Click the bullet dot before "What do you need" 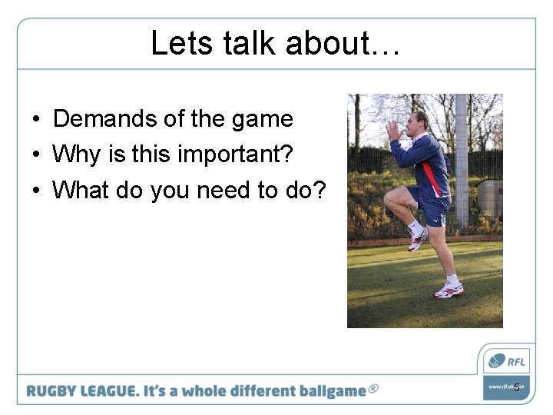pyautogui.click(x=37, y=191)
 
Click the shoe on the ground pyautogui.click(x=449, y=289)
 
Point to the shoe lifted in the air pyautogui.click(x=418, y=239)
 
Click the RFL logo pyautogui.click(x=506, y=360)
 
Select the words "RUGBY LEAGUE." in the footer pyautogui.click(x=81, y=390)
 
